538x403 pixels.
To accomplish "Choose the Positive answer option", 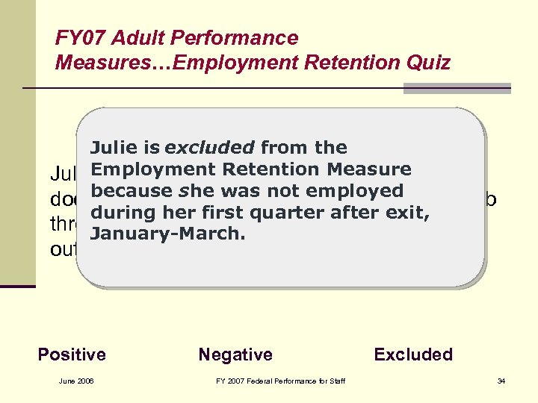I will point(72,354).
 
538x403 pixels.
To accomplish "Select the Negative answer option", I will point(235,354).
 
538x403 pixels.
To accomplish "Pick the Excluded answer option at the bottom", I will point(413,354).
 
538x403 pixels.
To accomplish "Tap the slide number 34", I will point(501,382).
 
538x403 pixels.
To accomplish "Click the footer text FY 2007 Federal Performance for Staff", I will point(280,382).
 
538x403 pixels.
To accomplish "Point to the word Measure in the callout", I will point(369,169).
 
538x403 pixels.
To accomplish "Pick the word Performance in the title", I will point(239,38).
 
